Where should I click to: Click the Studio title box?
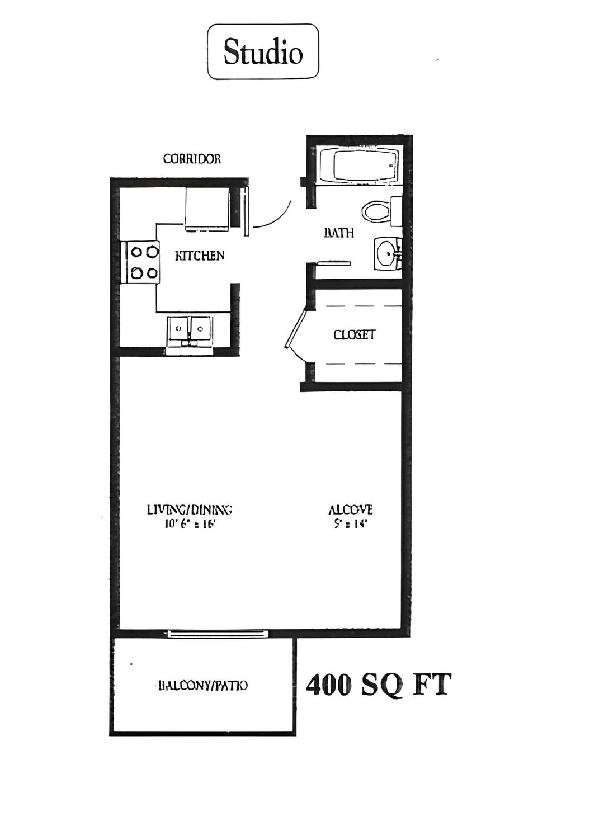click(x=263, y=51)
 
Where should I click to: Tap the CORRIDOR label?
click(x=192, y=159)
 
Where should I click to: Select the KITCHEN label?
click(x=200, y=256)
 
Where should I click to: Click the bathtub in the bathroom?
click(x=358, y=165)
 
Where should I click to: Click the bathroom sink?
click(x=387, y=253)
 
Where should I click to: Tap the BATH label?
click(x=339, y=233)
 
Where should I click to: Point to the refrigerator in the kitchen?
click(x=207, y=209)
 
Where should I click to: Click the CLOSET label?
click(x=354, y=335)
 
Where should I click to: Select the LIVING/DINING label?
click(x=189, y=509)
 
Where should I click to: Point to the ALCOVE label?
click(x=350, y=509)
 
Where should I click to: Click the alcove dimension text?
click(x=350, y=524)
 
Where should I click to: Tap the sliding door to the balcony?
click(x=218, y=634)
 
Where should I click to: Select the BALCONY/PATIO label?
click(x=202, y=685)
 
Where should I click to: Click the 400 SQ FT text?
click(x=379, y=684)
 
